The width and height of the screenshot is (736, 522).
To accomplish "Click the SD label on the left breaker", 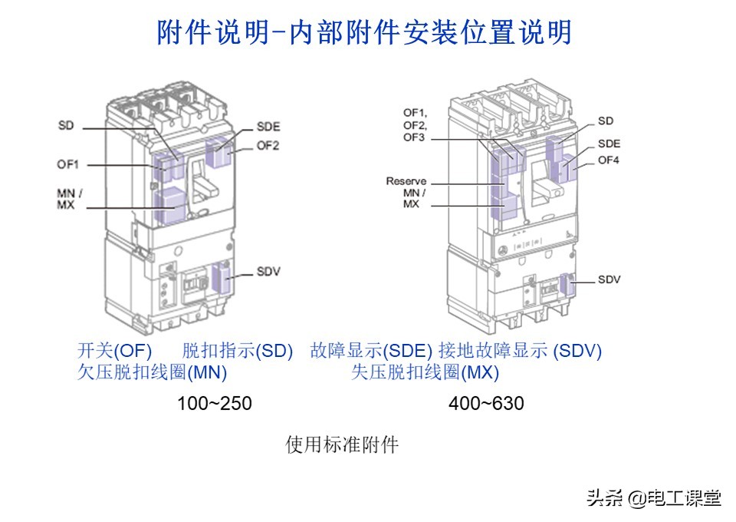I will pyautogui.click(x=66, y=125).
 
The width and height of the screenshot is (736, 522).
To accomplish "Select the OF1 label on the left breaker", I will pyautogui.click(x=67, y=164).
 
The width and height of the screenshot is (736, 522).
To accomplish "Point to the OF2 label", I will pyautogui.click(x=268, y=145).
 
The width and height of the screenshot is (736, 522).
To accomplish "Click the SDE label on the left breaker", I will pyautogui.click(x=268, y=127).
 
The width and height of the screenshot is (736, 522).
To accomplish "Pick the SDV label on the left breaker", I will pyautogui.click(x=268, y=272).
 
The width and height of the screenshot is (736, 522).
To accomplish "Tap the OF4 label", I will pyautogui.click(x=609, y=160).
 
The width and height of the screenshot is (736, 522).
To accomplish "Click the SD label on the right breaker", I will pyautogui.click(x=606, y=121).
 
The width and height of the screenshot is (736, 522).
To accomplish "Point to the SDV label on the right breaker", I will pyautogui.click(x=609, y=279).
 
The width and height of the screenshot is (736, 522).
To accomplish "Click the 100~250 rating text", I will pyautogui.click(x=215, y=402).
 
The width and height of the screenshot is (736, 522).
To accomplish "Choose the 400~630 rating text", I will pyautogui.click(x=487, y=402).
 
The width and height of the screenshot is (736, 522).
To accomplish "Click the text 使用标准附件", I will pyautogui.click(x=342, y=444).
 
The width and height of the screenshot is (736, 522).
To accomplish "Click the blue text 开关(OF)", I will pyautogui.click(x=115, y=351).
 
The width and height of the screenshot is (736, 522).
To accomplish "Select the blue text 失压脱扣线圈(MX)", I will pyautogui.click(x=425, y=373).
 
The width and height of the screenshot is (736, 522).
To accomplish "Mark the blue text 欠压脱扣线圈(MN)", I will pyautogui.click(x=153, y=373).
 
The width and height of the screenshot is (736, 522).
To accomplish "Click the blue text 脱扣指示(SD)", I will pyautogui.click(x=238, y=351).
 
